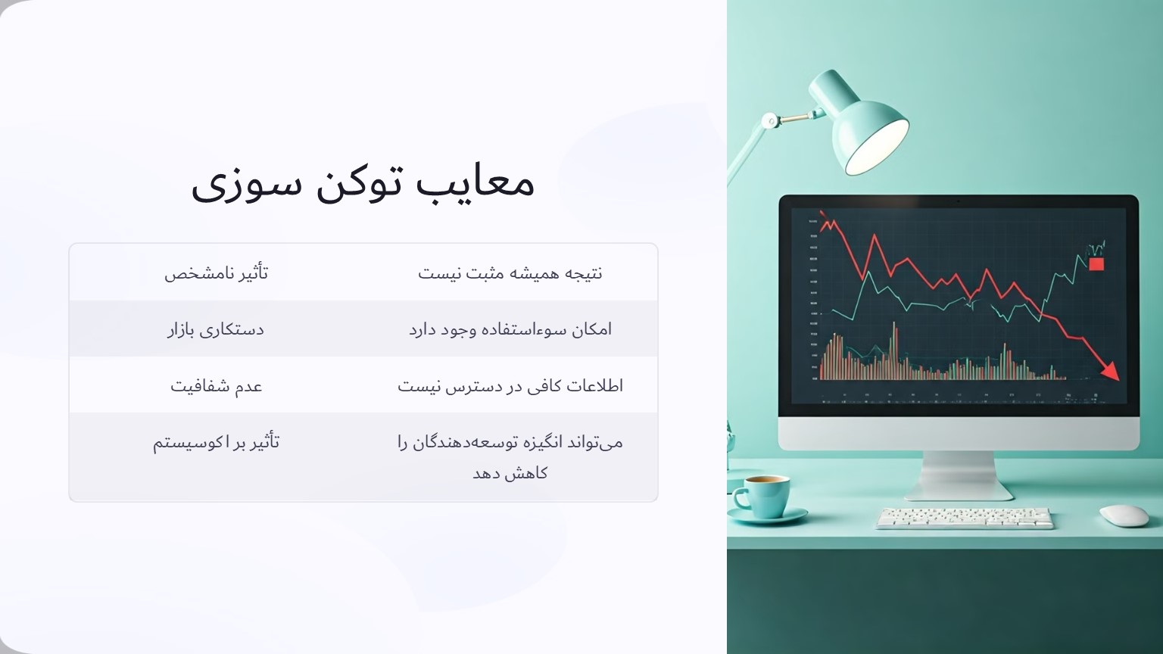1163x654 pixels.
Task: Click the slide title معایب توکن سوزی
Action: pyautogui.click(x=363, y=182)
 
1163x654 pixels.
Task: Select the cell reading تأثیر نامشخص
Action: pyautogui.click(x=217, y=272)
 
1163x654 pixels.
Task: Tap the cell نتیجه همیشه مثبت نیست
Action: pyautogui.click(x=510, y=272)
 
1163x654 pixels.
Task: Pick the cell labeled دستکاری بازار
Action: pyautogui.click(x=216, y=329)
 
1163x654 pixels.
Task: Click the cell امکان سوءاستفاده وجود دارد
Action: pyautogui.click(x=510, y=329)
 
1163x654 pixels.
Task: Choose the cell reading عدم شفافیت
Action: pyautogui.click(x=217, y=386)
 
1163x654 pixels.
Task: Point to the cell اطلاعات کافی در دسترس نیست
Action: pyautogui.click(x=510, y=386)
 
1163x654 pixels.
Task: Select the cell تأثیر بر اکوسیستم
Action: pyautogui.click(x=217, y=442)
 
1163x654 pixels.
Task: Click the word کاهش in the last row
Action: pyautogui.click(x=530, y=473)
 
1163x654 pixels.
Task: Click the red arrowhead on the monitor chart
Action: pyautogui.click(x=1110, y=371)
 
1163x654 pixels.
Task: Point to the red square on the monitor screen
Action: pyautogui.click(x=1096, y=263)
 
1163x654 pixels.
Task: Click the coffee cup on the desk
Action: pyautogui.click(x=760, y=494)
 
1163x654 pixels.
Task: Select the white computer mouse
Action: pyautogui.click(x=1124, y=515)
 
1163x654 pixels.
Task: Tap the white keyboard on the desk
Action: pyautogui.click(x=965, y=518)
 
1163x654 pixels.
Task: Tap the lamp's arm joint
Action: pyautogui.click(x=770, y=120)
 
